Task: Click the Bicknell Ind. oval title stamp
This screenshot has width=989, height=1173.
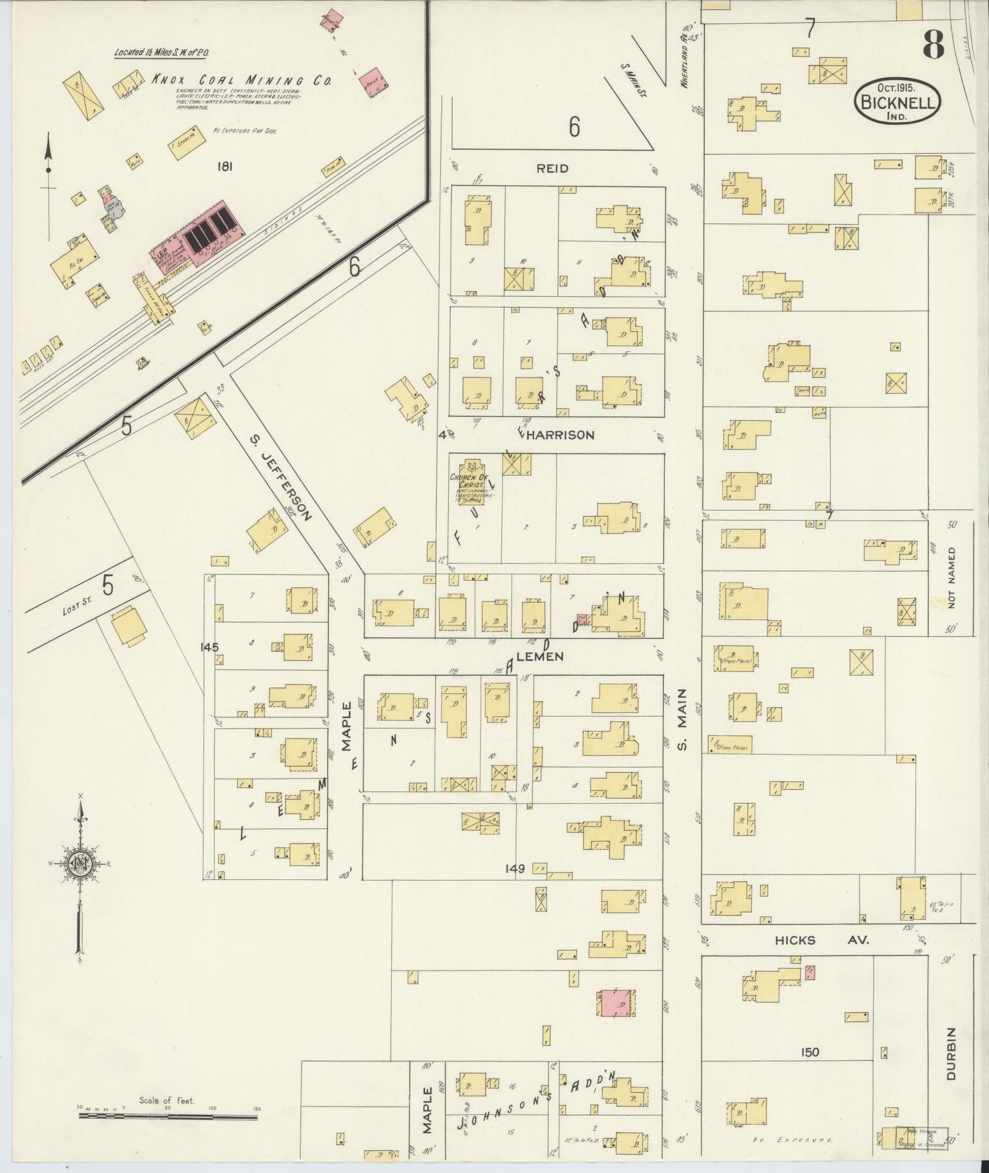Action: (x=898, y=102)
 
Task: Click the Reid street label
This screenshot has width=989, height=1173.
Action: (x=552, y=168)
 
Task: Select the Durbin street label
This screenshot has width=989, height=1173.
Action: (x=951, y=1053)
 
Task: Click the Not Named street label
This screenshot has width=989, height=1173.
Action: (x=952, y=577)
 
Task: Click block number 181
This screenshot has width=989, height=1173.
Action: (x=225, y=166)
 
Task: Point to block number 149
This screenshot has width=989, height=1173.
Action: (x=515, y=868)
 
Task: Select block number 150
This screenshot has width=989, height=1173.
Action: (x=809, y=1053)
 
